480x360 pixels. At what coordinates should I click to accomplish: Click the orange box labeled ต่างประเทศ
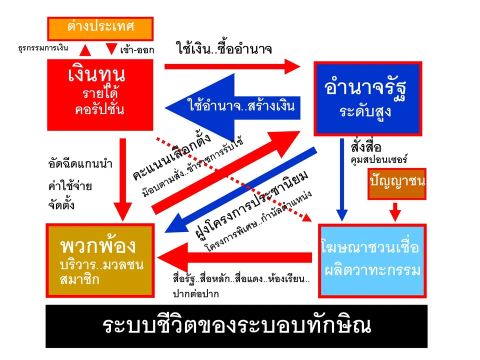pos(100,29)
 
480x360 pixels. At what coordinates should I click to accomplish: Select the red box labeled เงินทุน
pos(100,95)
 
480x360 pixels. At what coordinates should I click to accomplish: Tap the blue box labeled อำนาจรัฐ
pos(368,98)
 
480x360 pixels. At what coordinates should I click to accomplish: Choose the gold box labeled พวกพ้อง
pos(100,260)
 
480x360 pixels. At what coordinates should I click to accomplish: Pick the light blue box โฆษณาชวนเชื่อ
pos(372,261)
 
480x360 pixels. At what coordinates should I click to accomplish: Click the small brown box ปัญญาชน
pos(397,184)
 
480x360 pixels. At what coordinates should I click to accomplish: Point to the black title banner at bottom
pos(236,326)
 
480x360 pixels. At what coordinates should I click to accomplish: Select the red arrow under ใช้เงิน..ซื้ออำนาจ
pos(232,66)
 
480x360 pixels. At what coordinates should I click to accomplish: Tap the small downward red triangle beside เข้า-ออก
pos(111,48)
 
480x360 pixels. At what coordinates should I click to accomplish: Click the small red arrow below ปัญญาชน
pos(395,212)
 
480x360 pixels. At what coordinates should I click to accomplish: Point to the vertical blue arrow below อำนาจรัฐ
pos(342,179)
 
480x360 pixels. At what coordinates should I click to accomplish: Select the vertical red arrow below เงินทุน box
pos(123,179)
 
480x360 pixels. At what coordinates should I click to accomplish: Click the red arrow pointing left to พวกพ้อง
pos(234,257)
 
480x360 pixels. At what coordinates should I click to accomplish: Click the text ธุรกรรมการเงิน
pos(43,48)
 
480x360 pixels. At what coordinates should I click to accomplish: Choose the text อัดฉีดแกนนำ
pos(80,164)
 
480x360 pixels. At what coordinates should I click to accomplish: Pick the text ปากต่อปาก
pos(196,294)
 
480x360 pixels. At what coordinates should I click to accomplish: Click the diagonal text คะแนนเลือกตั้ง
pos(171,156)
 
